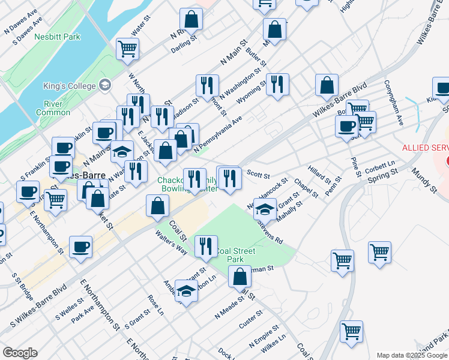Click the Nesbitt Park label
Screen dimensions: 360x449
(x=62, y=37)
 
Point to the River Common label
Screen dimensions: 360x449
(x=53, y=107)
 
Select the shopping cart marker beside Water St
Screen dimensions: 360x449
(x=127, y=49)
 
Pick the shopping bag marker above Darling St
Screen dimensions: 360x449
(x=191, y=21)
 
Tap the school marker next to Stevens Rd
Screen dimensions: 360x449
(x=265, y=209)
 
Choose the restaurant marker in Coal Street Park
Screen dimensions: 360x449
(x=205, y=247)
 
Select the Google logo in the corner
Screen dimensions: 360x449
(x=20, y=353)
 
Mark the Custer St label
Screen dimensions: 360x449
(x=251, y=319)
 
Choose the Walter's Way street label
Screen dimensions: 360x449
(x=171, y=241)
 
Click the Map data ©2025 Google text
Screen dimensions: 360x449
(x=412, y=355)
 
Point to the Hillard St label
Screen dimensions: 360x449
(x=319, y=175)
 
